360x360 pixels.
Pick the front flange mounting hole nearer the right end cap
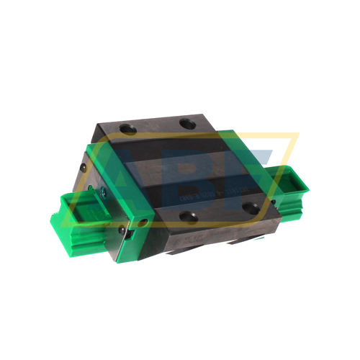250,207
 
